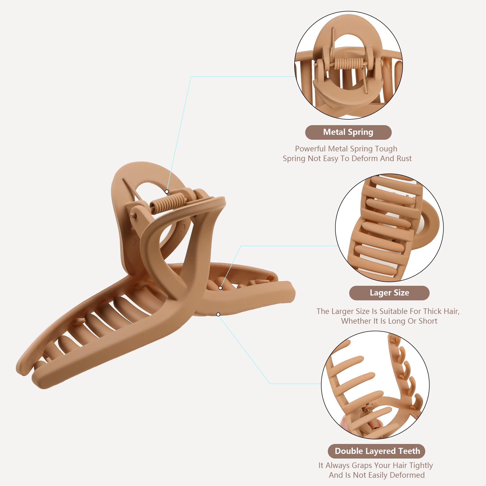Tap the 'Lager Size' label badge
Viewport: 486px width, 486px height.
(389, 293)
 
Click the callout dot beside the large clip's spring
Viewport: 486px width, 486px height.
(167, 192)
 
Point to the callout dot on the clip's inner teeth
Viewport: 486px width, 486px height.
(220, 288)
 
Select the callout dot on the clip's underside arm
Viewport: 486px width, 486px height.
(218, 314)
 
